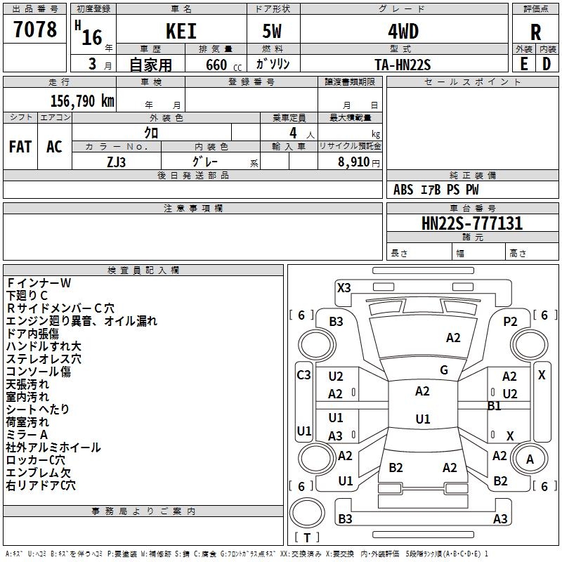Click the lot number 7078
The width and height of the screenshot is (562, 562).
point(35,29)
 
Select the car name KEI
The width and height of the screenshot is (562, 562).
point(181,31)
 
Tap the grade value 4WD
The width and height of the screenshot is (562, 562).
point(403,32)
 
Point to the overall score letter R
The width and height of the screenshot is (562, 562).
point(535,32)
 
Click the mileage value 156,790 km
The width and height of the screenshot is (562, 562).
point(82,101)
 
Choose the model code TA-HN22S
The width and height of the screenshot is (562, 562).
point(403,65)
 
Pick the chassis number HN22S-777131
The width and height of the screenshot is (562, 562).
point(472,223)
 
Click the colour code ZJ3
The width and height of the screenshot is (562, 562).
point(116,162)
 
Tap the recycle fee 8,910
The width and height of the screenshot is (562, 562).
point(354,162)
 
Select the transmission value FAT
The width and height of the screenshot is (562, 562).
point(20,147)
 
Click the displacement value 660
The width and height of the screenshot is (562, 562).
point(216,65)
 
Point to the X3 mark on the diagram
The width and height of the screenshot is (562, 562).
point(344,288)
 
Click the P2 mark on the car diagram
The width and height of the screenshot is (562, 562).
point(510,322)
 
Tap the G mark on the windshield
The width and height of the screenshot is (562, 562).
point(444,370)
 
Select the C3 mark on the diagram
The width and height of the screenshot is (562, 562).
point(303,375)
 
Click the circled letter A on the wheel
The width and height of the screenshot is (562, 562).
point(530,459)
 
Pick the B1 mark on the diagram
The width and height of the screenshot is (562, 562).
point(494,406)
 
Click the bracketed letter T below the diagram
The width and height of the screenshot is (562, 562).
point(307,537)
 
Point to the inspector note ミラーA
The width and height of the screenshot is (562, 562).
point(27,434)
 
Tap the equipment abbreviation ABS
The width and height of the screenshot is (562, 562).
point(403,190)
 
